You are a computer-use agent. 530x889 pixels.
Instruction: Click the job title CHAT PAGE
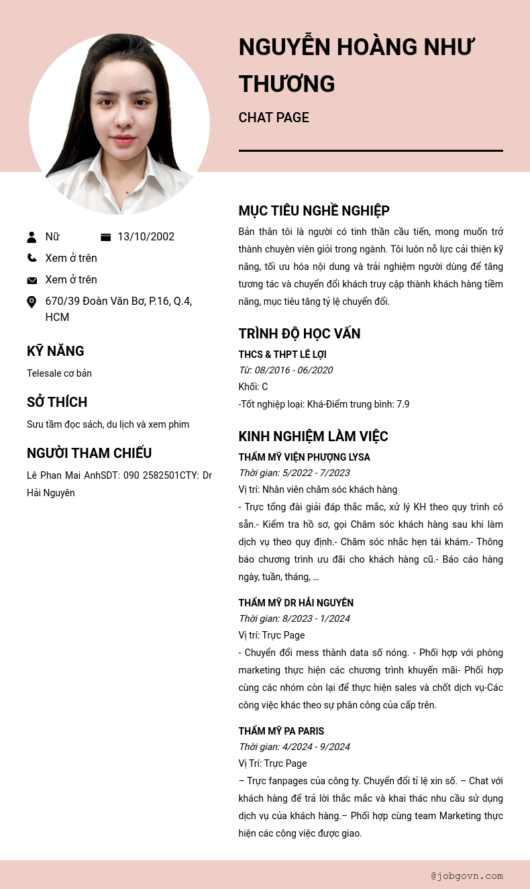(274, 118)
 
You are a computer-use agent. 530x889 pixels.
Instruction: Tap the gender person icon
(32, 237)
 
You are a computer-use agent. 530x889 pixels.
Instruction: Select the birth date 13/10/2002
(146, 237)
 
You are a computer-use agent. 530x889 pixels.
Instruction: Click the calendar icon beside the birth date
(105, 237)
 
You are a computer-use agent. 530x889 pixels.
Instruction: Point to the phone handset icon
(32, 258)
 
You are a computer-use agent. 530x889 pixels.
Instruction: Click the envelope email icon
(32, 280)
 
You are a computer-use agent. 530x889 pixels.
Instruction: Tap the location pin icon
(32, 302)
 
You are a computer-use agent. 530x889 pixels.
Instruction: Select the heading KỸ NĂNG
(56, 351)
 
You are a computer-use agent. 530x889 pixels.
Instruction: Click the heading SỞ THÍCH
(57, 402)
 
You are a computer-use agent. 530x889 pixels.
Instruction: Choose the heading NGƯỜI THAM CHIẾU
(89, 453)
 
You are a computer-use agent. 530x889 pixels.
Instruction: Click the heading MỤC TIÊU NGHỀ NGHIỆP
(314, 211)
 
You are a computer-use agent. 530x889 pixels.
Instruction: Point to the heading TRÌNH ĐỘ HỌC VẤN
(299, 334)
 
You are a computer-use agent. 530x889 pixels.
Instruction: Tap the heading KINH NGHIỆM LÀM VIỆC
(313, 436)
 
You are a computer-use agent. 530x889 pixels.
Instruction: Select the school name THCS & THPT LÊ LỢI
(282, 355)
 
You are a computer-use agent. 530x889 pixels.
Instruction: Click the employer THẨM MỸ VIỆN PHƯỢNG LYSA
(304, 457)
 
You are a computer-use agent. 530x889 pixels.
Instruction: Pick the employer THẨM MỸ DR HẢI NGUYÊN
(296, 603)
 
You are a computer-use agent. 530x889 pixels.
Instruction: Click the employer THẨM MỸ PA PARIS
(281, 731)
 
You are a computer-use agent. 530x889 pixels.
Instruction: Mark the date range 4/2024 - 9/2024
(316, 747)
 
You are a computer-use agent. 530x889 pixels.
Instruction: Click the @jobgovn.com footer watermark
(467, 876)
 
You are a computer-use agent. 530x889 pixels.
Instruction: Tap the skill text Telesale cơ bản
(59, 373)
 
